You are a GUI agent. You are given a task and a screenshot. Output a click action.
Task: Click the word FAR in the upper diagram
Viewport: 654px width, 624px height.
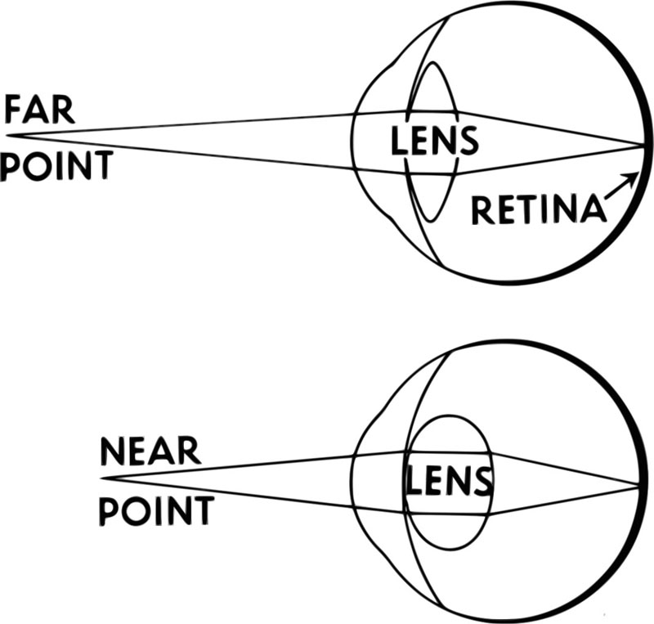[40, 109]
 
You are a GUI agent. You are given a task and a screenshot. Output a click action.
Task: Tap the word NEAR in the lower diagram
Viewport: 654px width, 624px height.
[150, 451]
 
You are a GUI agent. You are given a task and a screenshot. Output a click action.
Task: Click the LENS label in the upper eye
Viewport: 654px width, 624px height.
[433, 141]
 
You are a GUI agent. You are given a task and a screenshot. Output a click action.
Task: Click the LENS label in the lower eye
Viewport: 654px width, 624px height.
[450, 483]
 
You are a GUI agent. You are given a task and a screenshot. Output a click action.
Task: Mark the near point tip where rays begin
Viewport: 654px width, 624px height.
[101, 477]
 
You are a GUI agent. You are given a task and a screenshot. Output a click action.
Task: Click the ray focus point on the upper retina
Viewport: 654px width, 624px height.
[642, 146]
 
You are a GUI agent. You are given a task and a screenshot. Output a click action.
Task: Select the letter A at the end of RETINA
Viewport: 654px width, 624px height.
[594, 211]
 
